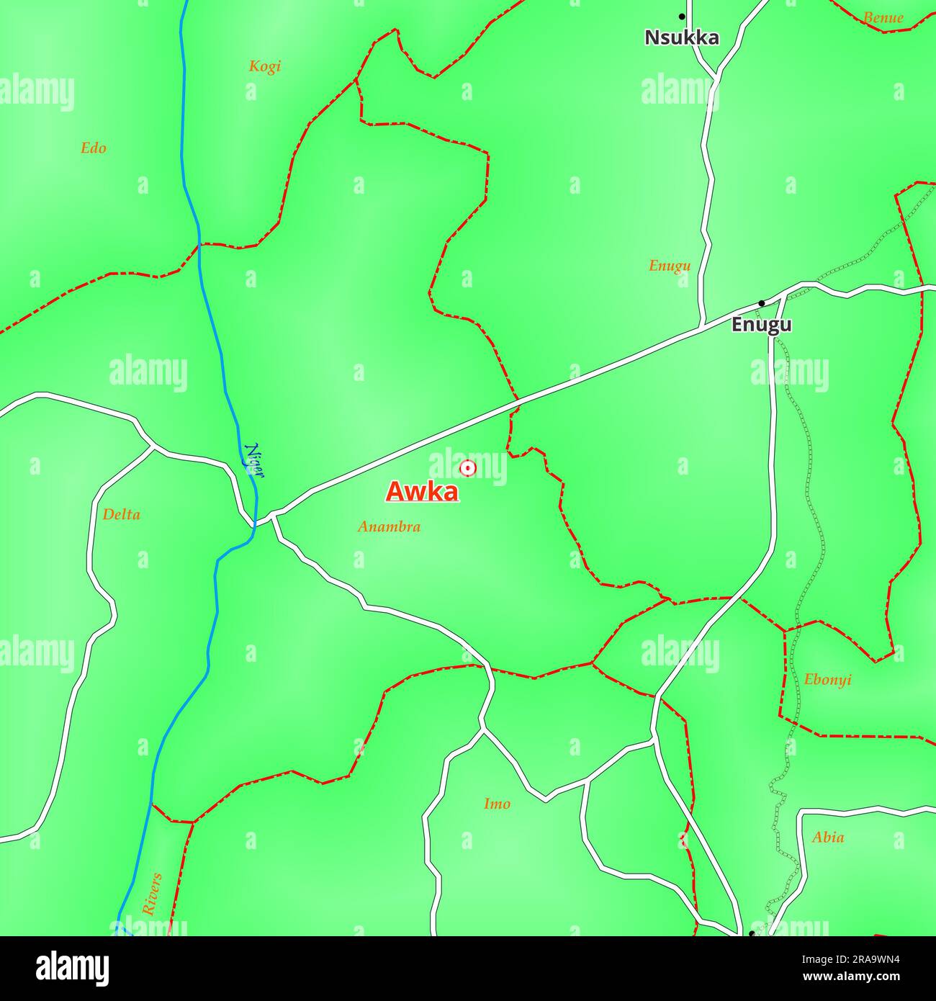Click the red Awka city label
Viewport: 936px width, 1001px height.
[422, 492]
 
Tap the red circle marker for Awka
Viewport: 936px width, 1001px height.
[468, 468]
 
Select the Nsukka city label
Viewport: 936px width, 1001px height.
[681, 37]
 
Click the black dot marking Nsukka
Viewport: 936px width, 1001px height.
[681, 16]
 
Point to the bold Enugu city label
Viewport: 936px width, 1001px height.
[761, 325]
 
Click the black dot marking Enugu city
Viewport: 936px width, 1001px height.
[761, 303]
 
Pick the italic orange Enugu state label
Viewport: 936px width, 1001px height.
[670, 266]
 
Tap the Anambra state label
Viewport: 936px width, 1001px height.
[389, 526]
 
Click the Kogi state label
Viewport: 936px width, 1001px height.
[264, 66]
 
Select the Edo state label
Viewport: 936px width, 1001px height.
[93, 148]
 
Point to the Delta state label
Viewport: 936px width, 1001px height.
[121, 515]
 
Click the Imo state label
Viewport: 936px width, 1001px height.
[497, 804]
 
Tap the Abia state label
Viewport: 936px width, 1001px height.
[827, 838]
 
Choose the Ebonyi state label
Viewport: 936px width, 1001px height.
[827, 679]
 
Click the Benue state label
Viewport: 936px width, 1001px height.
[883, 18]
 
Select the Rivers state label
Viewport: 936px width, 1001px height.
[152, 894]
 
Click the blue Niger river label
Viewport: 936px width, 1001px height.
[254, 461]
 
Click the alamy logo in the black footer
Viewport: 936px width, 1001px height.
[73, 968]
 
